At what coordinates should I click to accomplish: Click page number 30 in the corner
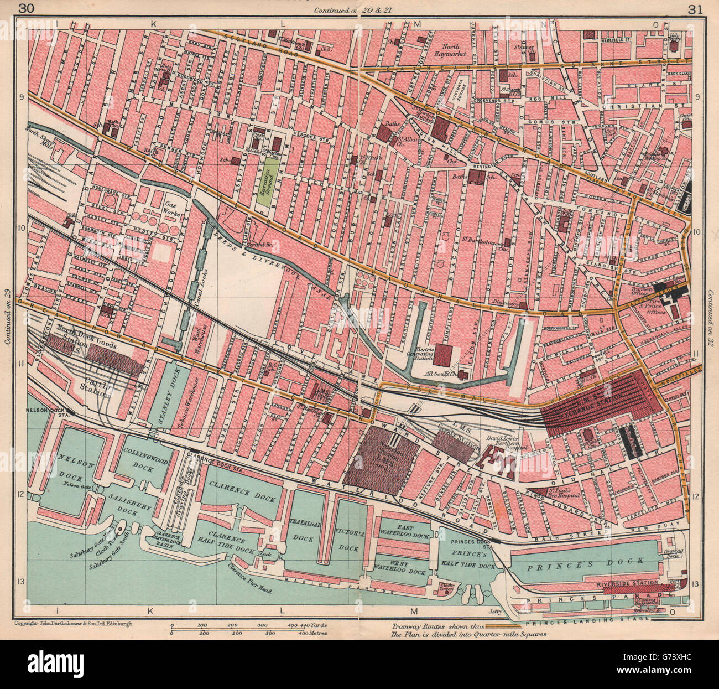pos(25,8)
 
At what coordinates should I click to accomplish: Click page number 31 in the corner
pos(694,8)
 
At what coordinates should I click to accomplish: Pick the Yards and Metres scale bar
pos(249,628)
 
